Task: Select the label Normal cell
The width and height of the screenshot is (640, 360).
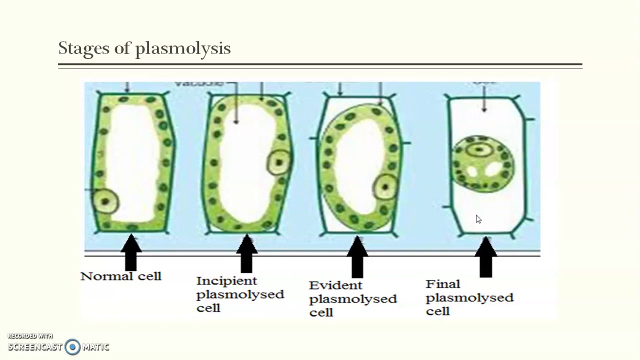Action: [121, 276]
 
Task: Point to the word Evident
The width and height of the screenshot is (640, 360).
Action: [328, 285]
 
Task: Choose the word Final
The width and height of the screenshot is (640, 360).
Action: [443, 284]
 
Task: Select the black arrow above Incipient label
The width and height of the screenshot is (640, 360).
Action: [246, 253]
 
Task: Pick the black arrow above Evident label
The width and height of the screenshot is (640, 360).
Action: [356, 256]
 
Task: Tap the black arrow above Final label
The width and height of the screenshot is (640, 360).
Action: [485, 257]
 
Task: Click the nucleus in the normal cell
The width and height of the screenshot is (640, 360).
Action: [105, 201]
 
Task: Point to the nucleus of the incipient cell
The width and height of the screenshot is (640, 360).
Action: [278, 162]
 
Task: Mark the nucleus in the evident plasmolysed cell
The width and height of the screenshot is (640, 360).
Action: [385, 187]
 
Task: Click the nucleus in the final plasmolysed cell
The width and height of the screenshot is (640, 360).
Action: [480, 149]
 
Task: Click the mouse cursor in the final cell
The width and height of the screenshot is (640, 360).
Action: [478, 219]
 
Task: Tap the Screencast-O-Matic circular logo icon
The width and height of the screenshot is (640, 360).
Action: [72, 346]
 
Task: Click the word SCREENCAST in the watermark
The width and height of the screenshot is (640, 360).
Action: [35, 346]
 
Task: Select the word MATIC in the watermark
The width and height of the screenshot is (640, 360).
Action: [95, 346]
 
